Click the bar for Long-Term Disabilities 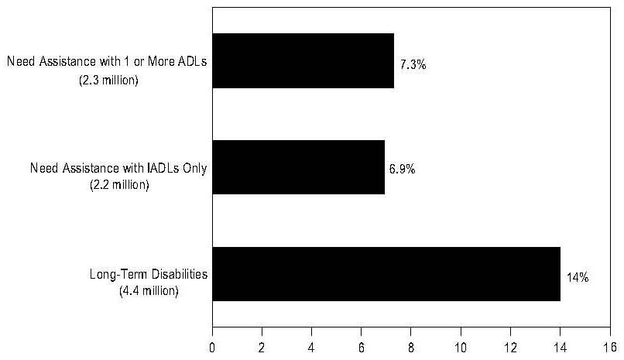coord(386,273)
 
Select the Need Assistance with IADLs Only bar coord(298,166)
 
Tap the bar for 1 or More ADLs coord(303,60)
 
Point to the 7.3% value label coord(413,64)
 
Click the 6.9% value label coord(402,169)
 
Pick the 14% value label coord(578,276)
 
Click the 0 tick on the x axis coord(212,346)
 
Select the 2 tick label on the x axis coord(262,346)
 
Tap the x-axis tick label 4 coord(312,346)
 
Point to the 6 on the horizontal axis coord(362,346)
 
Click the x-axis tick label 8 coord(411,346)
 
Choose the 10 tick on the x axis coord(461,346)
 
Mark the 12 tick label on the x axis coord(510,346)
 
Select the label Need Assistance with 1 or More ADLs coord(106,61)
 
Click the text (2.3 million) coord(108,80)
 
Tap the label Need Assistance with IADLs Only coord(118,168)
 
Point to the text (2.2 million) coord(119,186)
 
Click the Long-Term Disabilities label coord(149,275)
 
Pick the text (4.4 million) coord(149,291)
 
